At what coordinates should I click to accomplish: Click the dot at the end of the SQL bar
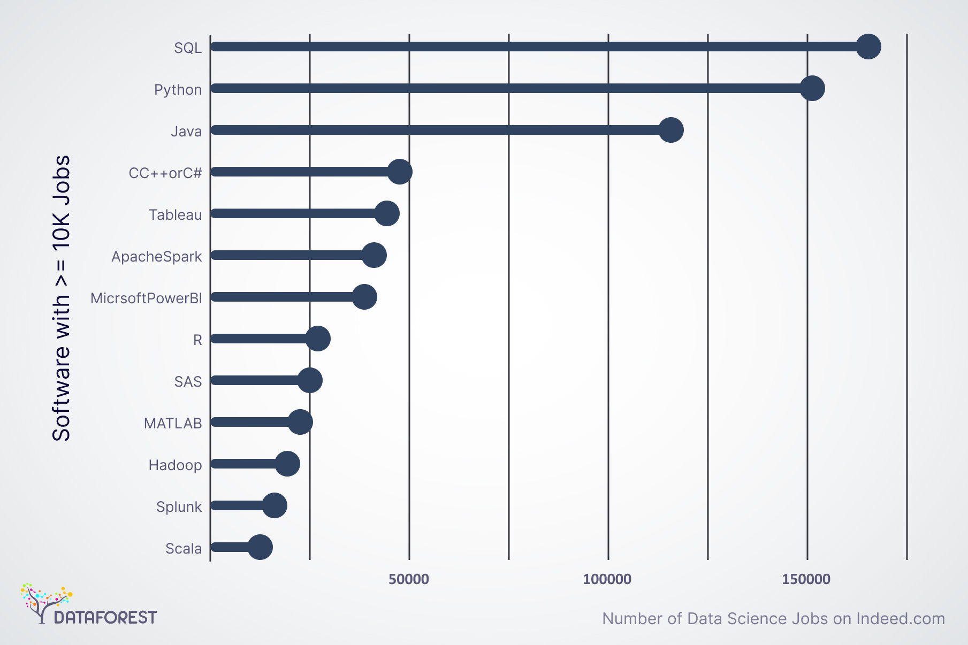[868, 47]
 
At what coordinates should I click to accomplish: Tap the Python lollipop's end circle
[812, 88]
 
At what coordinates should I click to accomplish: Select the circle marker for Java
[671, 130]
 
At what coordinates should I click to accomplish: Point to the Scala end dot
[260, 547]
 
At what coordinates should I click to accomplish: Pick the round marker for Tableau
[387, 213]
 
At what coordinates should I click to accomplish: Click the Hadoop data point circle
[287, 464]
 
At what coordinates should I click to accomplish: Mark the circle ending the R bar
[318, 339]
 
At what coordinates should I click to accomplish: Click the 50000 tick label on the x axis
[409, 579]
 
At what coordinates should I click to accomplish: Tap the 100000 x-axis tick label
[607, 579]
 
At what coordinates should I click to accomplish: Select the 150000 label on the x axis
[806, 579]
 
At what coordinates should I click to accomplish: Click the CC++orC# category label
[165, 173]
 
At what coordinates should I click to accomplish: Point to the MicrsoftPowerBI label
[146, 298]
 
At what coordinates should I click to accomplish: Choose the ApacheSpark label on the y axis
[157, 257]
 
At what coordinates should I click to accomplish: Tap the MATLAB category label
[173, 424]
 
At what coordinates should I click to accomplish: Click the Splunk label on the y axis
[179, 507]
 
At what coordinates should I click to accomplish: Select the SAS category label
[188, 382]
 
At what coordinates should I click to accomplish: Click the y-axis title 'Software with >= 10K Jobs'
[62, 298]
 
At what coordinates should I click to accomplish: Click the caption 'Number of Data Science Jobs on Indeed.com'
[773, 619]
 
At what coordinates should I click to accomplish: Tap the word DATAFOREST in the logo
[105, 618]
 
